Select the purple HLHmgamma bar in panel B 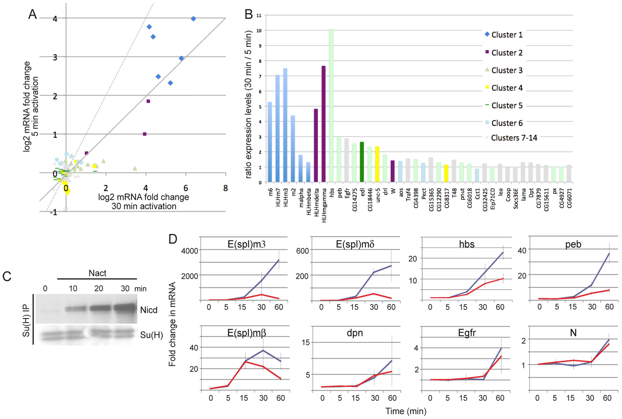pos(323,124)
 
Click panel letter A pos(33,14)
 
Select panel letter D pos(173,239)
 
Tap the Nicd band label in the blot pos(149,310)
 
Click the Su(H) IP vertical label pos(26,320)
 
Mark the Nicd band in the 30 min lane pos(125,309)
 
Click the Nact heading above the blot pos(97,273)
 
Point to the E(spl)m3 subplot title pos(247,244)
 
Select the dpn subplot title pos(354,333)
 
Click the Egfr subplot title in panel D pos(467,333)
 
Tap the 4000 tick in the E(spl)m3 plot pos(189,251)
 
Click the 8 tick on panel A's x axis pos(226,188)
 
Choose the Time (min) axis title pos(406,411)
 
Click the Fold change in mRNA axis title pos(172,324)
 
